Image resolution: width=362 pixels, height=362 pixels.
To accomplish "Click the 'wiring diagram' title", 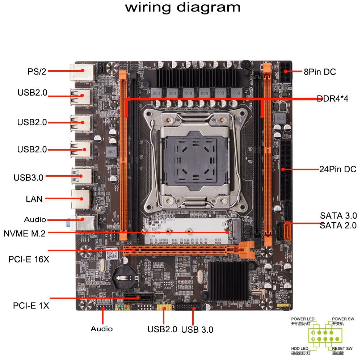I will click(x=182, y=8).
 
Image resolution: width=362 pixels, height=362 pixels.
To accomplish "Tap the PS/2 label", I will click(x=37, y=71).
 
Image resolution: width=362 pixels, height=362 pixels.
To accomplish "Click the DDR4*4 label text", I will click(x=332, y=98).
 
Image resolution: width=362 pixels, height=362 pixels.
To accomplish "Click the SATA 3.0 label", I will click(x=338, y=216).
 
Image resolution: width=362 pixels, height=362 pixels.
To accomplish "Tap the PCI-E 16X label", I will click(x=29, y=260).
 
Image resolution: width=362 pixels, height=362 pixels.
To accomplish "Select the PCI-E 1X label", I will click(x=31, y=306).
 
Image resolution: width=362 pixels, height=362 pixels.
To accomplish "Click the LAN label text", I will click(x=34, y=199).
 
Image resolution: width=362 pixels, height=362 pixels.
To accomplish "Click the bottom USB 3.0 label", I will click(x=197, y=329).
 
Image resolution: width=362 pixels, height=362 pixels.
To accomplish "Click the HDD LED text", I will click(x=300, y=348).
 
